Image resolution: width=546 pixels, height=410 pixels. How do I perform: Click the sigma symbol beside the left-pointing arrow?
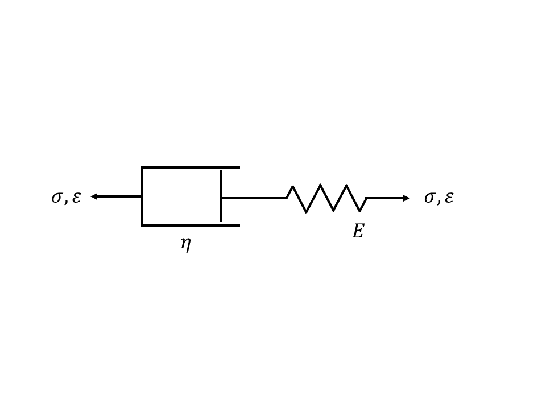pos(57,198)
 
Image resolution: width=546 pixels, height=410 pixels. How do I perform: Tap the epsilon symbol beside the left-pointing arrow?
pos(76,198)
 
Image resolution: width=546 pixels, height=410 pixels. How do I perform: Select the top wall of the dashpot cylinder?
pos(191,167)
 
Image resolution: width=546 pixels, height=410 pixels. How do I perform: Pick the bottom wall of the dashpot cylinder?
pos(191,225)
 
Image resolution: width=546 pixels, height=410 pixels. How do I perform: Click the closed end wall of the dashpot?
pos(142,196)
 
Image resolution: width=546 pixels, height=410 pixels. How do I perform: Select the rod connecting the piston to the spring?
pos(254,198)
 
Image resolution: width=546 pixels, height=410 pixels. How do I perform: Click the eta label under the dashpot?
pos(185,244)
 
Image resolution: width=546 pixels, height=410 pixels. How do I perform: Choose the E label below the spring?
pos(358,231)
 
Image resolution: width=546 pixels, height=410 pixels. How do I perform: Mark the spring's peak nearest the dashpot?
pos(293,186)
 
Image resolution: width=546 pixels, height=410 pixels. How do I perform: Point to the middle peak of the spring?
pos(320,185)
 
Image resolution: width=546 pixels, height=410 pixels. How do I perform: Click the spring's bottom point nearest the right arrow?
pos(360,211)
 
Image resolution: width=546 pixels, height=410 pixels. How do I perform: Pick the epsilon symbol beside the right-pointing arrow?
pos(449,198)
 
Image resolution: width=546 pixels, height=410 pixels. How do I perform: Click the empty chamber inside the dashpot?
pos(181,196)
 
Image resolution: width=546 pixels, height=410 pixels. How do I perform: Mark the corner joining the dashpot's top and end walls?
pos(142,167)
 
